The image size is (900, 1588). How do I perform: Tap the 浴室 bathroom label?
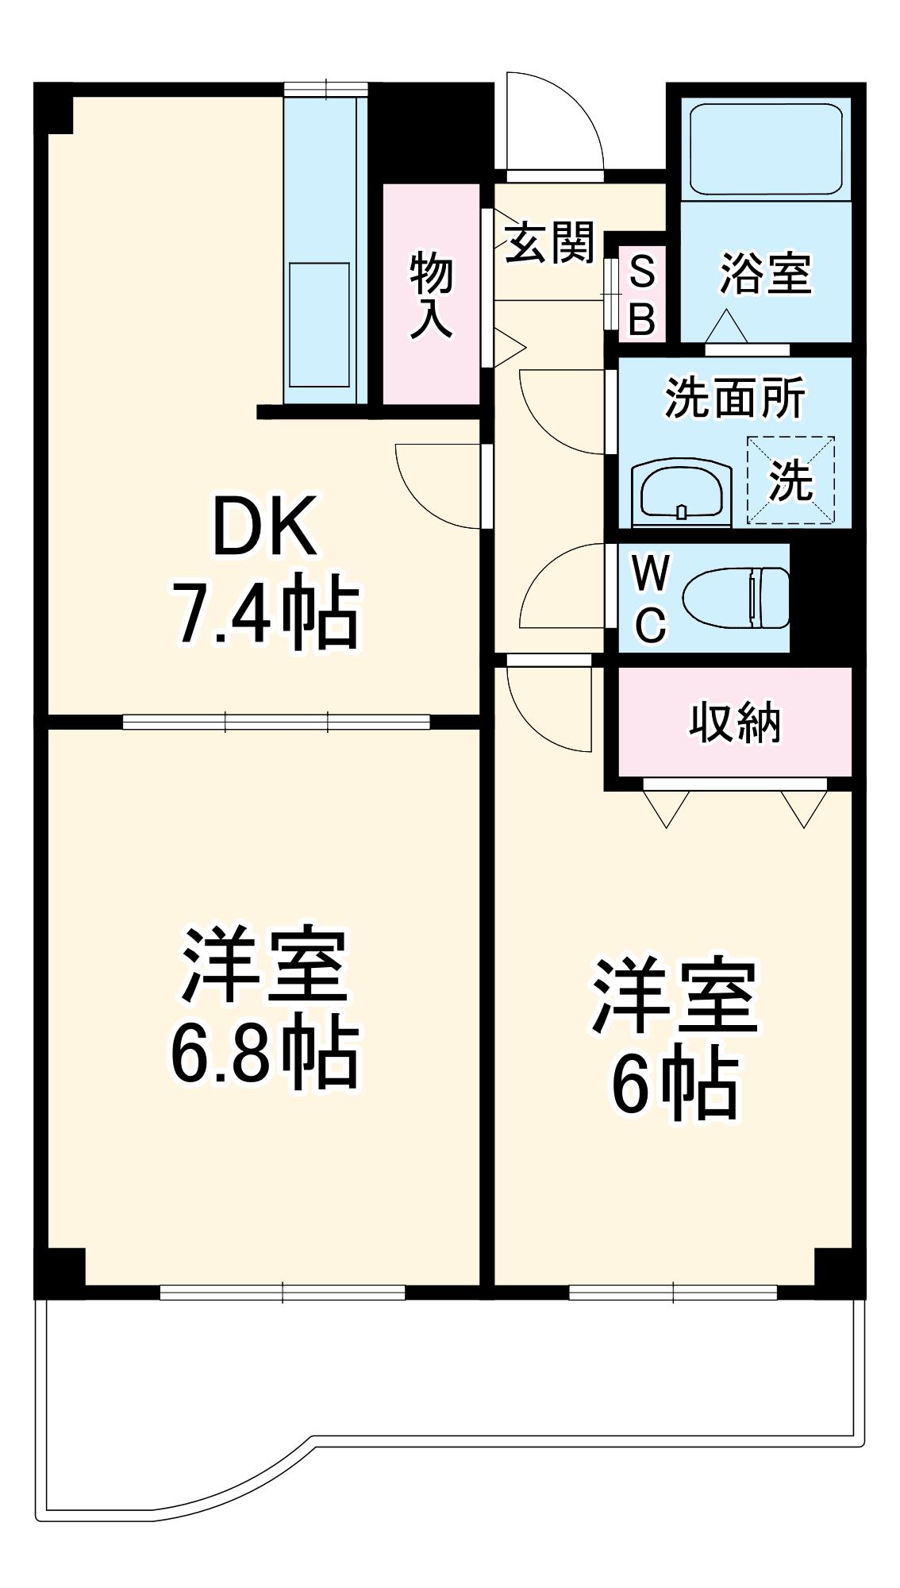(x=766, y=273)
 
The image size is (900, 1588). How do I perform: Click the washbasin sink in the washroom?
(x=681, y=492)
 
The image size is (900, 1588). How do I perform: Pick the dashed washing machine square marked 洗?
(x=790, y=480)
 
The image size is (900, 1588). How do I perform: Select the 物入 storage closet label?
(x=432, y=295)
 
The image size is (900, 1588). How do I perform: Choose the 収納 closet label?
(x=734, y=722)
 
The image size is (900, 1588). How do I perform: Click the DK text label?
(x=265, y=526)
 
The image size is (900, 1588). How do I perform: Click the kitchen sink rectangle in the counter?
(x=319, y=325)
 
